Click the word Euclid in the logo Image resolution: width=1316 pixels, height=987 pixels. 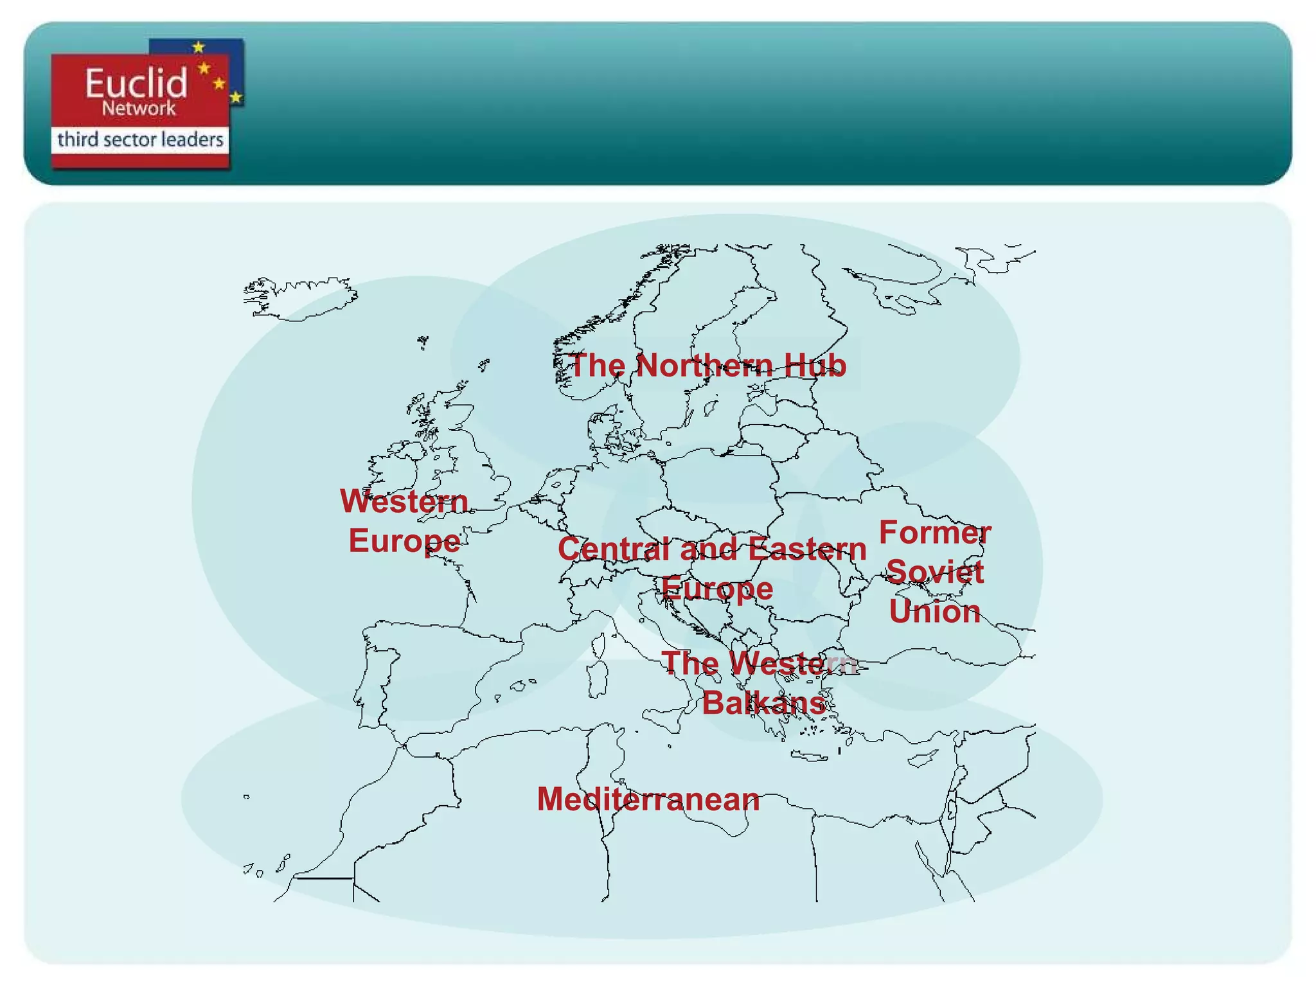point(136,82)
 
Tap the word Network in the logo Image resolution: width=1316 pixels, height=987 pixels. point(138,108)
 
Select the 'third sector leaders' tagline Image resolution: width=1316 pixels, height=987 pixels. point(140,139)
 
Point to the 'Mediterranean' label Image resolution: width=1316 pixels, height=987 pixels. point(648,799)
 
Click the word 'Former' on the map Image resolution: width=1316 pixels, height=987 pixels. point(935,532)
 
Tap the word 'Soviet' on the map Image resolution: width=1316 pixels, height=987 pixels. point(935,571)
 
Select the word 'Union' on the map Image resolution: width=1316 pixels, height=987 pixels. point(935,611)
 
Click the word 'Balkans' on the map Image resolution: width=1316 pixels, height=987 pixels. point(763,702)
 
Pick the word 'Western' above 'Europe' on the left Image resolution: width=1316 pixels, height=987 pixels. point(404,501)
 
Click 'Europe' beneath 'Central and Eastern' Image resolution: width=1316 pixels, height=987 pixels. point(716,588)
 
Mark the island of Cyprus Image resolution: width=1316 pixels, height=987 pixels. point(923,760)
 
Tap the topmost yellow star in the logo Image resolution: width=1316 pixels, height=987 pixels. point(199,47)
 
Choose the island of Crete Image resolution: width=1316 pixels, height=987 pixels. point(810,757)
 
